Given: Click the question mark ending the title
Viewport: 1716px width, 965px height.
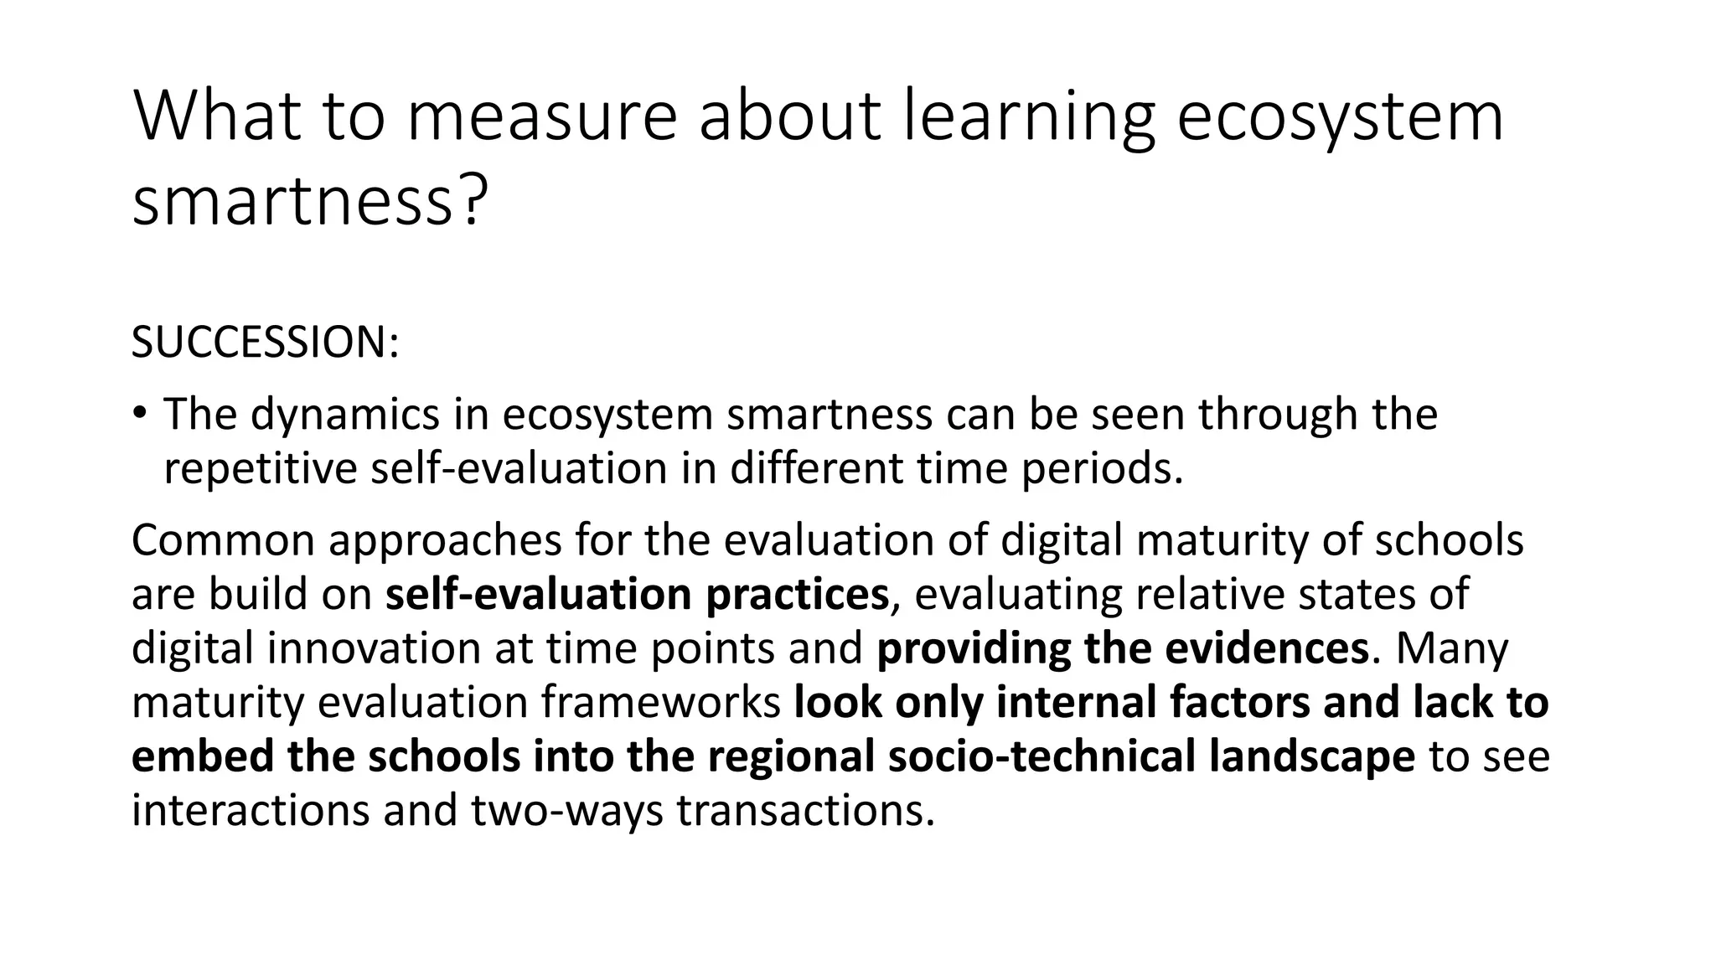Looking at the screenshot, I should pyautogui.click(x=473, y=201).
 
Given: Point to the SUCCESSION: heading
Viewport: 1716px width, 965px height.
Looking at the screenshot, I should pyautogui.click(x=265, y=343).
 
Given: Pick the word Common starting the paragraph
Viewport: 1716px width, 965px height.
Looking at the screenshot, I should pyautogui.click(x=221, y=540).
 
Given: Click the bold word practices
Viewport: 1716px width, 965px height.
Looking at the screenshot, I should pyautogui.click(x=796, y=594).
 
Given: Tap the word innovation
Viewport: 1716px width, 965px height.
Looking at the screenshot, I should pyautogui.click(x=375, y=648).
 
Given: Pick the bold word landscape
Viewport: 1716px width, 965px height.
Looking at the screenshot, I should pyautogui.click(x=1312, y=756).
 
